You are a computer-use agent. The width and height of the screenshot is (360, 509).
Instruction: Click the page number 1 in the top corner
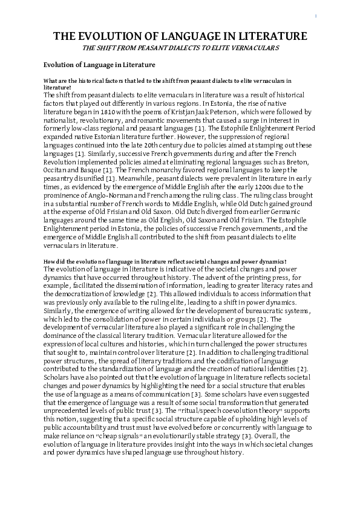click(316, 15)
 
